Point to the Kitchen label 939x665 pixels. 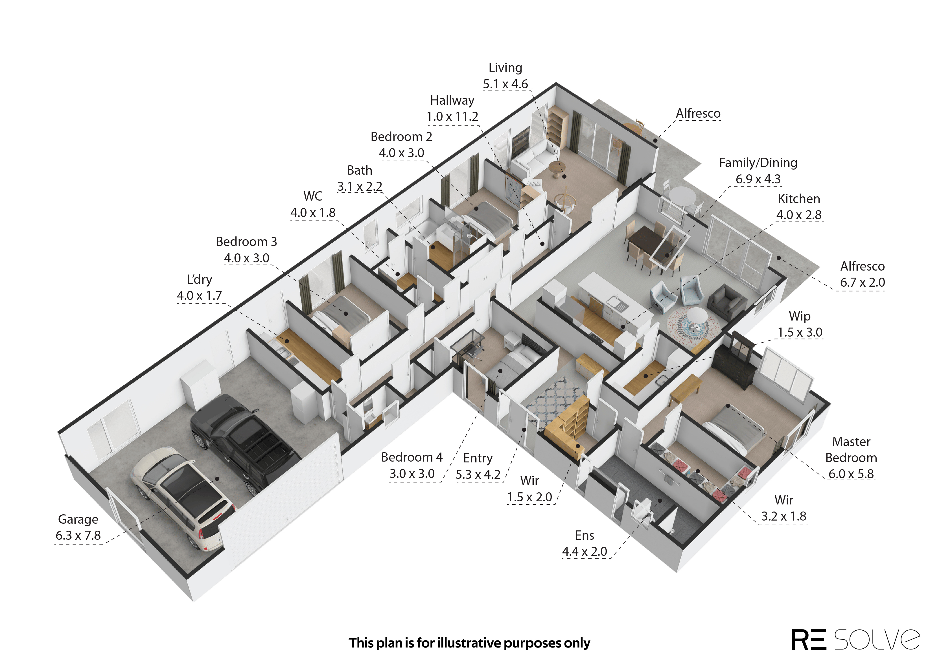pyautogui.click(x=799, y=199)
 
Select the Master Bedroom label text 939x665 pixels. pyautogui.click(x=851, y=450)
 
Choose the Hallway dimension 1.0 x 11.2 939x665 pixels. pyautogui.click(x=452, y=117)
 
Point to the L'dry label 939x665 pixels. pyautogui.click(x=200, y=279)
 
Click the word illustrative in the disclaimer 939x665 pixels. pyautogui.click(x=469, y=643)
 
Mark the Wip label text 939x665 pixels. pyautogui.click(x=799, y=316)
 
